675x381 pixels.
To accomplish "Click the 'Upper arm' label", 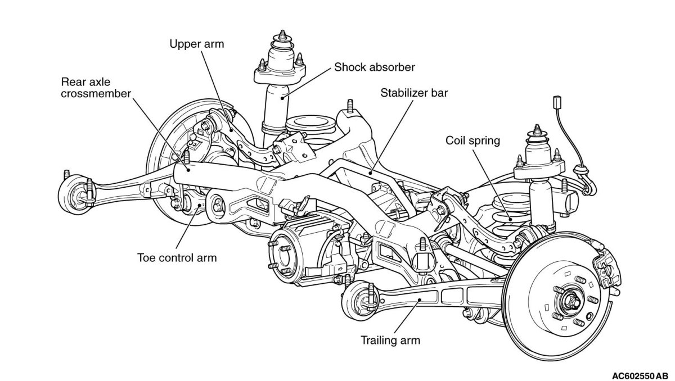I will click(x=197, y=44).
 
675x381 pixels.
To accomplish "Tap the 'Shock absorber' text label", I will click(x=374, y=67).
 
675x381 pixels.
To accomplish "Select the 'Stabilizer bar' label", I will click(x=413, y=93).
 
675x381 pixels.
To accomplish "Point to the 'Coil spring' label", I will click(x=472, y=140).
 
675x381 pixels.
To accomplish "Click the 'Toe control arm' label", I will click(x=177, y=258).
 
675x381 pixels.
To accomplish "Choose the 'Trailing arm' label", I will click(x=391, y=340).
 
